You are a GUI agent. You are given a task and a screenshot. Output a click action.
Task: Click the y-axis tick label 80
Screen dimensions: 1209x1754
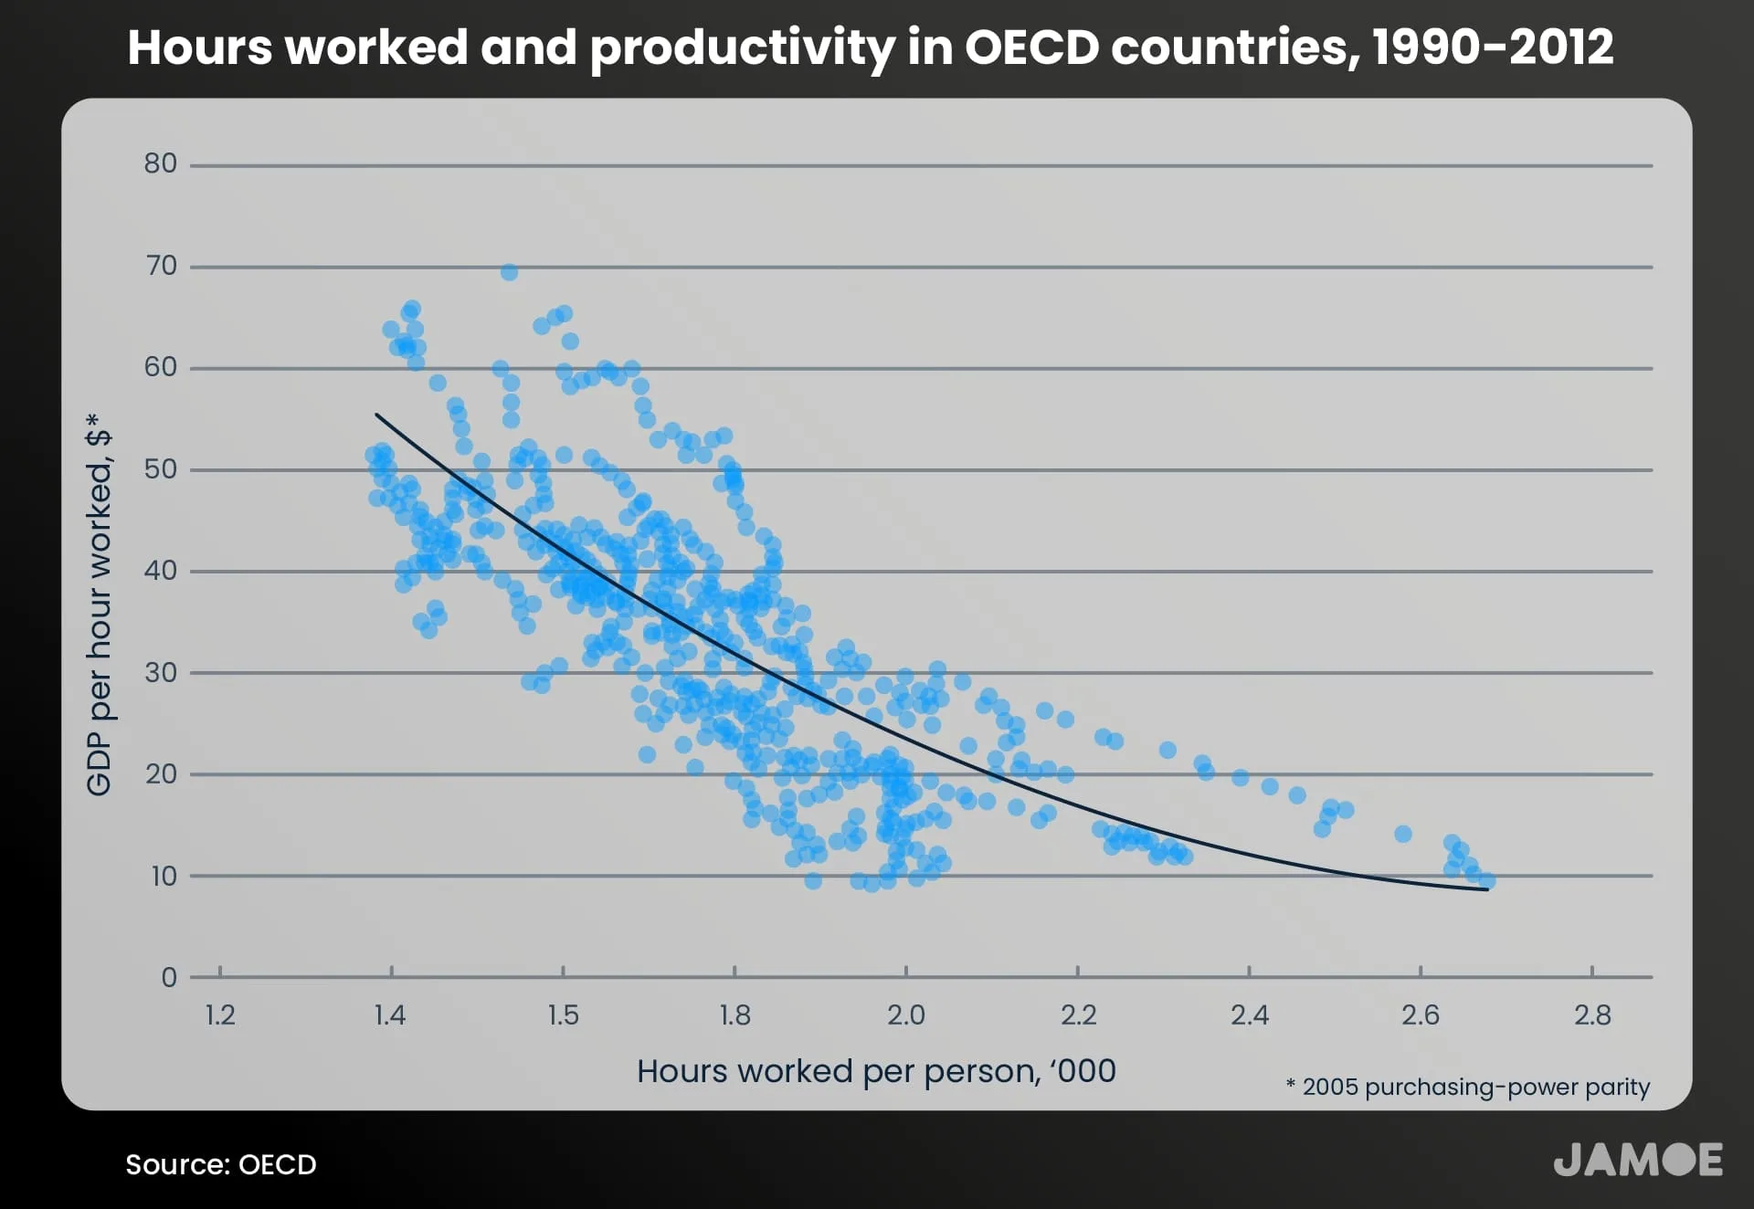coord(160,163)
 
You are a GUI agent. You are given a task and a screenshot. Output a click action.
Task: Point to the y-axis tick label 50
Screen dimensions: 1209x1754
coord(160,469)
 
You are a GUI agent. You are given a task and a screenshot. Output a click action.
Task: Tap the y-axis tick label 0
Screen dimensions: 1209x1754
coord(169,977)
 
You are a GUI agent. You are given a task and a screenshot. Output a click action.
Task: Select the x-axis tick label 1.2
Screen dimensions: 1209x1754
coord(220,1015)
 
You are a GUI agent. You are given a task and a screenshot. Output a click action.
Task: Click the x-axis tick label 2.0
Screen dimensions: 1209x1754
coord(905,1015)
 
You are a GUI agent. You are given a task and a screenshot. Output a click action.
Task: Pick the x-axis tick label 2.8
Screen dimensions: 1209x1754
coord(1592,1015)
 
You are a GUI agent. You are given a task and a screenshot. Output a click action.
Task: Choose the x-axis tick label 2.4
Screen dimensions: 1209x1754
coord(1249,1015)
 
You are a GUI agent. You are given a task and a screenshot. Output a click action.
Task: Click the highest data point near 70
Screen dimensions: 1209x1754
coord(509,272)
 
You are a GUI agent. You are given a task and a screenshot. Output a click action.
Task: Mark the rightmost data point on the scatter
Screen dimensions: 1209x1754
coord(1487,880)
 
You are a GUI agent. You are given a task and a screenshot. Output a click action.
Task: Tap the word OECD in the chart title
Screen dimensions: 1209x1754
coord(1031,47)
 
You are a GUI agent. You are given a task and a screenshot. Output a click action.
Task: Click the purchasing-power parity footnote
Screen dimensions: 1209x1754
coord(1467,1087)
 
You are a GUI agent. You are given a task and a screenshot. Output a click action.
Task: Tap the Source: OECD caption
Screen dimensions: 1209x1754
coord(221,1164)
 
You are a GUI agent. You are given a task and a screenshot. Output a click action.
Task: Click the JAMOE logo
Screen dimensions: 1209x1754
coord(1637,1160)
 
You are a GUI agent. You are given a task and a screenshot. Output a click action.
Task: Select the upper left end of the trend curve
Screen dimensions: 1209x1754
coord(377,415)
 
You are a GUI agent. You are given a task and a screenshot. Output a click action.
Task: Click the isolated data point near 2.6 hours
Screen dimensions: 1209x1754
coord(1403,834)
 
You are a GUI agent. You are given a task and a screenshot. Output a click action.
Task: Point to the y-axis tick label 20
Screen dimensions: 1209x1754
coord(160,774)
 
